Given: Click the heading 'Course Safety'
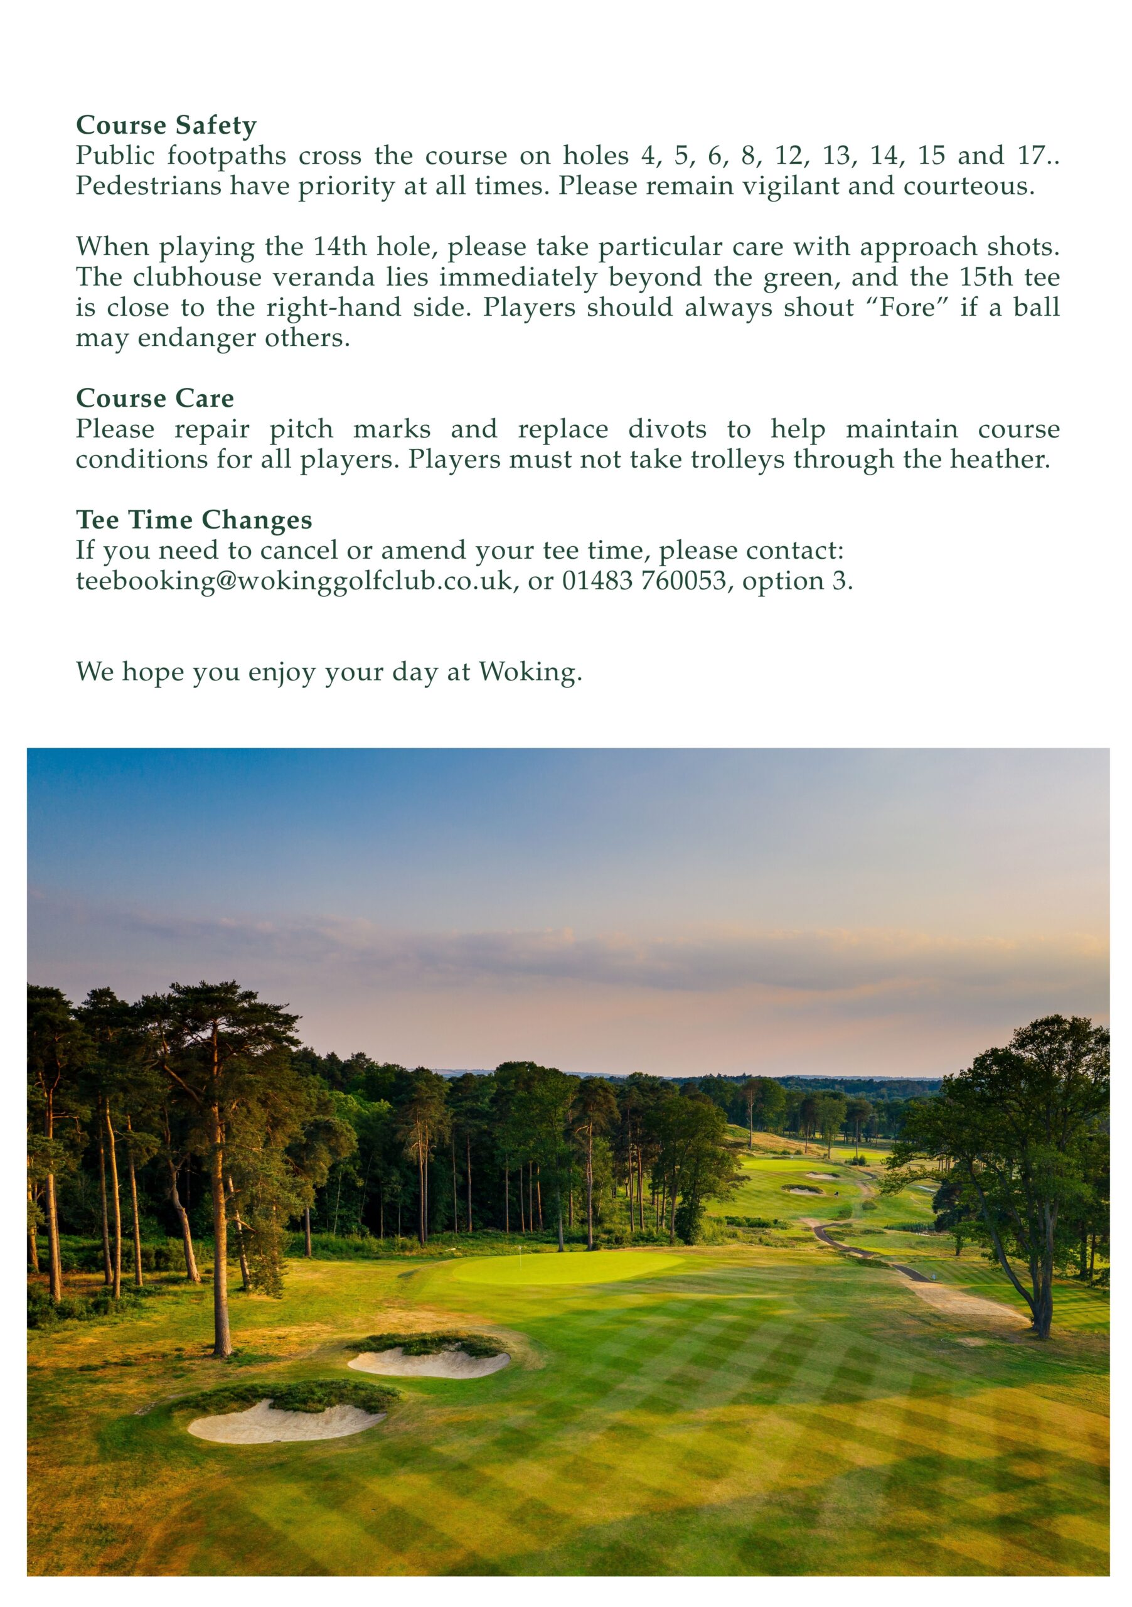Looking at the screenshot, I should (166, 126).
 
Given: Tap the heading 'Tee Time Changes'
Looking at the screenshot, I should (194, 519).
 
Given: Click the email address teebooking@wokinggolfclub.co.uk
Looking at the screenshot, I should (294, 581).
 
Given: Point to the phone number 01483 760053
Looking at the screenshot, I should (644, 581).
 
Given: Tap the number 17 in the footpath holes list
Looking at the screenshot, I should (1030, 156).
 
